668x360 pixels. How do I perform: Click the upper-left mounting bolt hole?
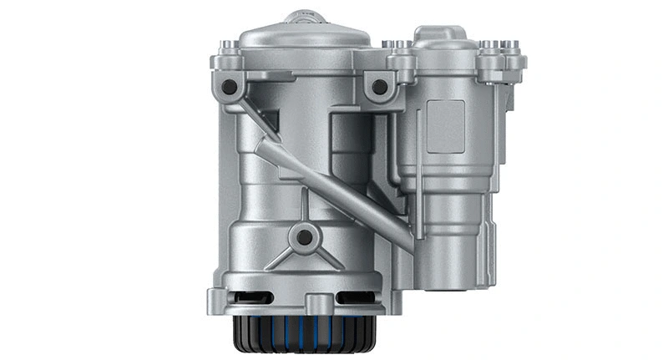point(228,86)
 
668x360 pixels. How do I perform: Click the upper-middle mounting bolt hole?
point(379,86)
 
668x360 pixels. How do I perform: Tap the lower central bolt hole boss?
point(305,237)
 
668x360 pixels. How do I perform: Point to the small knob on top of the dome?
point(306,17)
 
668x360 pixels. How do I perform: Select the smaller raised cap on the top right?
point(443,37)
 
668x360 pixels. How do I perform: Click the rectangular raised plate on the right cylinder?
point(445,126)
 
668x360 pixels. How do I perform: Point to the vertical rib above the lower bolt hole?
point(305,213)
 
